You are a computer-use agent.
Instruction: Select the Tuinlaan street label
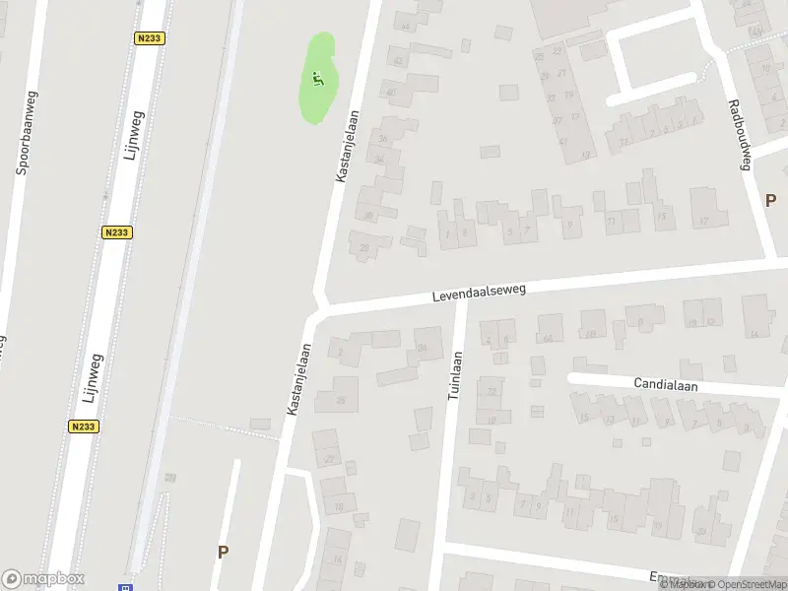(x=455, y=373)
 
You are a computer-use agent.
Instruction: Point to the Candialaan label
(x=665, y=385)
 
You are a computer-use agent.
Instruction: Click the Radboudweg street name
(x=739, y=135)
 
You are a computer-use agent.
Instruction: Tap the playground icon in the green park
(x=317, y=78)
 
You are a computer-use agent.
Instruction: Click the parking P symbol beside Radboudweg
(x=770, y=200)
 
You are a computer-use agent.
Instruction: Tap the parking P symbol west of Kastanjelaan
(x=224, y=553)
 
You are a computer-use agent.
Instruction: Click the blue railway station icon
(x=125, y=587)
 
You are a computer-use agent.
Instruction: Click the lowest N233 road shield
(x=84, y=427)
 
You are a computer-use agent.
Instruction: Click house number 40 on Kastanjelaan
(x=391, y=94)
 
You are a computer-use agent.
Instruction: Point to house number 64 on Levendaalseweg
(x=548, y=338)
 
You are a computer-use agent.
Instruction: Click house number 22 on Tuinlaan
(x=492, y=391)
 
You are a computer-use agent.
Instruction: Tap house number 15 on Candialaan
(x=584, y=418)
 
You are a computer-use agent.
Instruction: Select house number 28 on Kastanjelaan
(x=364, y=247)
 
